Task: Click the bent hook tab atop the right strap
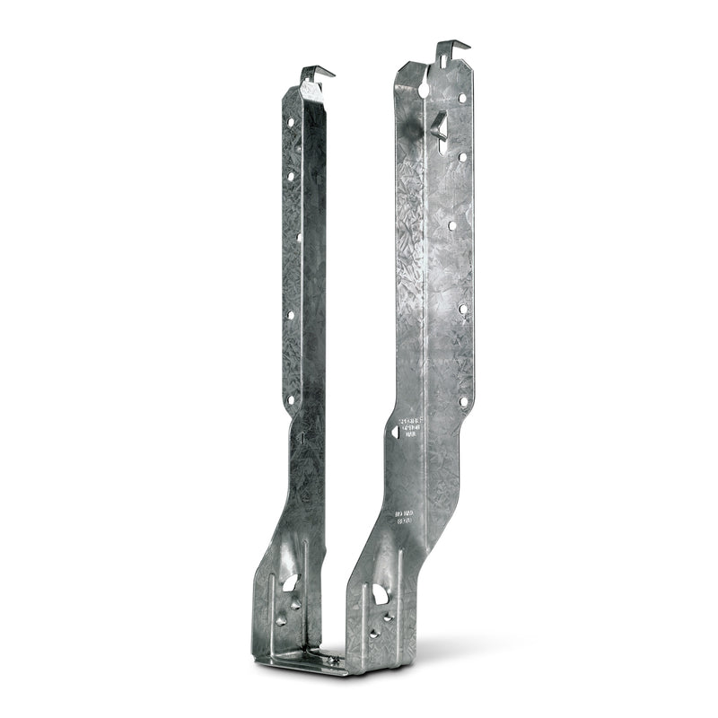451,48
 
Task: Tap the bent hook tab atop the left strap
316,73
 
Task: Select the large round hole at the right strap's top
423,89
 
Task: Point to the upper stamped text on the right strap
415,427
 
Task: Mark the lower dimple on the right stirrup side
374,633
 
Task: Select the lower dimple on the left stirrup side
282,619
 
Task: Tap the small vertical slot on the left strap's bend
302,440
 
